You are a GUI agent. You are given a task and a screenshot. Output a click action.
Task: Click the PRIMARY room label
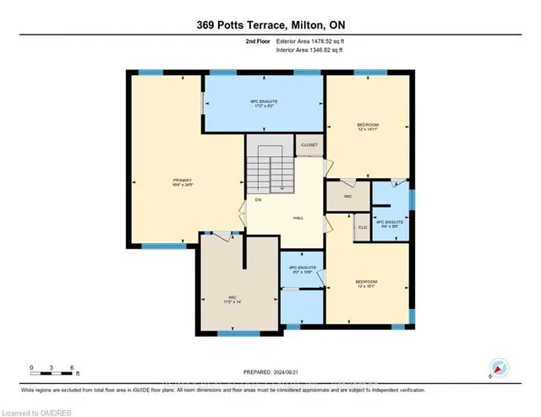pyautogui.click(x=183, y=181)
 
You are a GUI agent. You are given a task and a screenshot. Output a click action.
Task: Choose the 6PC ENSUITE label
pyautogui.click(x=264, y=104)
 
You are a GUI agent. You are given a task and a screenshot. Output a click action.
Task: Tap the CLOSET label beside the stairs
pyautogui.click(x=309, y=145)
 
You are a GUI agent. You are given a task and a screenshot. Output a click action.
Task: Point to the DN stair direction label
pyautogui.click(x=258, y=200)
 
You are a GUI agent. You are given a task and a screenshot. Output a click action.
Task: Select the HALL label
pyautogui.click(x=298, y=218)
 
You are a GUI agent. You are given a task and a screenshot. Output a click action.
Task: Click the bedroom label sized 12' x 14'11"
pyautogui.click(x=366, y=127)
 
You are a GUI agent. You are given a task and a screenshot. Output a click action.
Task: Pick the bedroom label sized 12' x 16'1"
pyautogui.click(x=365, y=284)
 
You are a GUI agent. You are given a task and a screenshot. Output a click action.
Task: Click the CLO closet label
pyautogui.click(x=361, y=227)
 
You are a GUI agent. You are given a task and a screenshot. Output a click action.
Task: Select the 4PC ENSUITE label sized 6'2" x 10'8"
pyautogui.click(x=301, y=269)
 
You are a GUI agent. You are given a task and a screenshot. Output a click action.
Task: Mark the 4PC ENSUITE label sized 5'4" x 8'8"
pyautogui.click(x=390, y=225)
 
